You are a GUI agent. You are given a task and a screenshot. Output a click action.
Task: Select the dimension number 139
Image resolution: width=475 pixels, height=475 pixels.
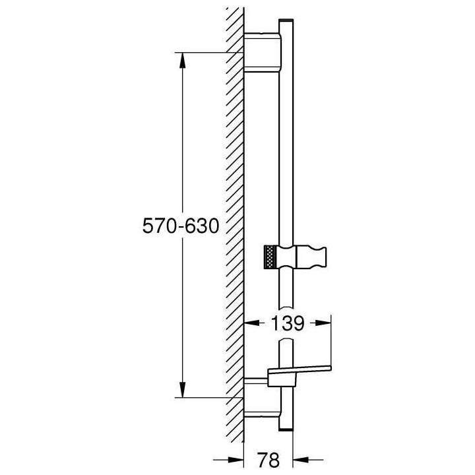287,323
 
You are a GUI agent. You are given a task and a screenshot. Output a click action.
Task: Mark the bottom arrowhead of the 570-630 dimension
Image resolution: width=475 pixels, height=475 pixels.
182,392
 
